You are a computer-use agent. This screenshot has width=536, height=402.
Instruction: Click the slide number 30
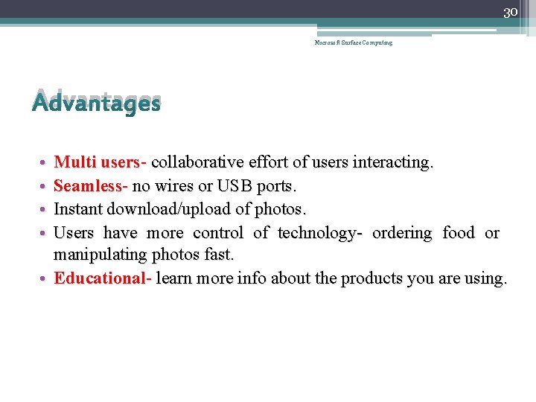(x=510, y=13)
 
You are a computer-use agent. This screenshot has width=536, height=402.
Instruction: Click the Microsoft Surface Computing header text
(x=353, y=42)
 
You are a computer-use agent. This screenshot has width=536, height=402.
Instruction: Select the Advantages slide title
(x=96, y=103)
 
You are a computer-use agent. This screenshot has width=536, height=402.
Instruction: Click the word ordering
(x=402, y=233)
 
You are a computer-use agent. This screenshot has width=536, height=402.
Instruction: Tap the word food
(x=458, y=233)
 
